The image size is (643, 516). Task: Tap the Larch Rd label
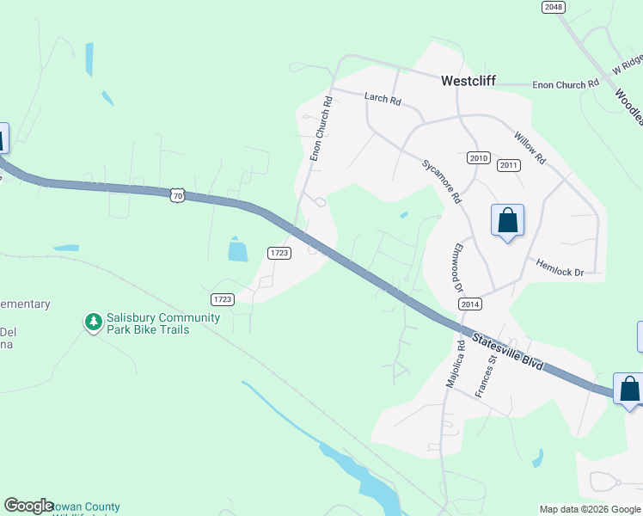pyautogui.click(x=383, y=100)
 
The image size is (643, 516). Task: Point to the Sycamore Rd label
pyautogui.click(x=441, y=181)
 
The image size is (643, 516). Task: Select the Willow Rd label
pyautogui.click(x=530, y=148)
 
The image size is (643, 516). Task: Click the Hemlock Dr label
pyautogui.click(x=560, y=267)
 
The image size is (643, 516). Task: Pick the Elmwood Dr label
pyautogui.click(x=453, y=267)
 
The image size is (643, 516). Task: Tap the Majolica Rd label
pyautogui.click(x=454, y=363)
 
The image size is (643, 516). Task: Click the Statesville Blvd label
pyautogui.click(x=507, y=350)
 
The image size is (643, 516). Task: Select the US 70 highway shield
pyautogui.click(x=177, y=195)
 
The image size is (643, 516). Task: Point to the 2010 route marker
pyautogui.click(x=479, y=158)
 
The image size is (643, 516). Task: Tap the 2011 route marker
pyautogui.click(x=509, y=165)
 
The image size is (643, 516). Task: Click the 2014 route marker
pyautogui.click(x=469, y=304)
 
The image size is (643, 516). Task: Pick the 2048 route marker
pyautogui.click(x=553, y=7)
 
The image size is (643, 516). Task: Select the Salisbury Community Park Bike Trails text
pyautogui.click(x=162, y=322)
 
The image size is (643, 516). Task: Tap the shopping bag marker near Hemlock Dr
pyautogui.click(x=508, y=220)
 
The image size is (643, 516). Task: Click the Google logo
pyautogui.click(x=29, y=506)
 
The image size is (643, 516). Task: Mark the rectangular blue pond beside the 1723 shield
pyautogui.click(x=238, y=250)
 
